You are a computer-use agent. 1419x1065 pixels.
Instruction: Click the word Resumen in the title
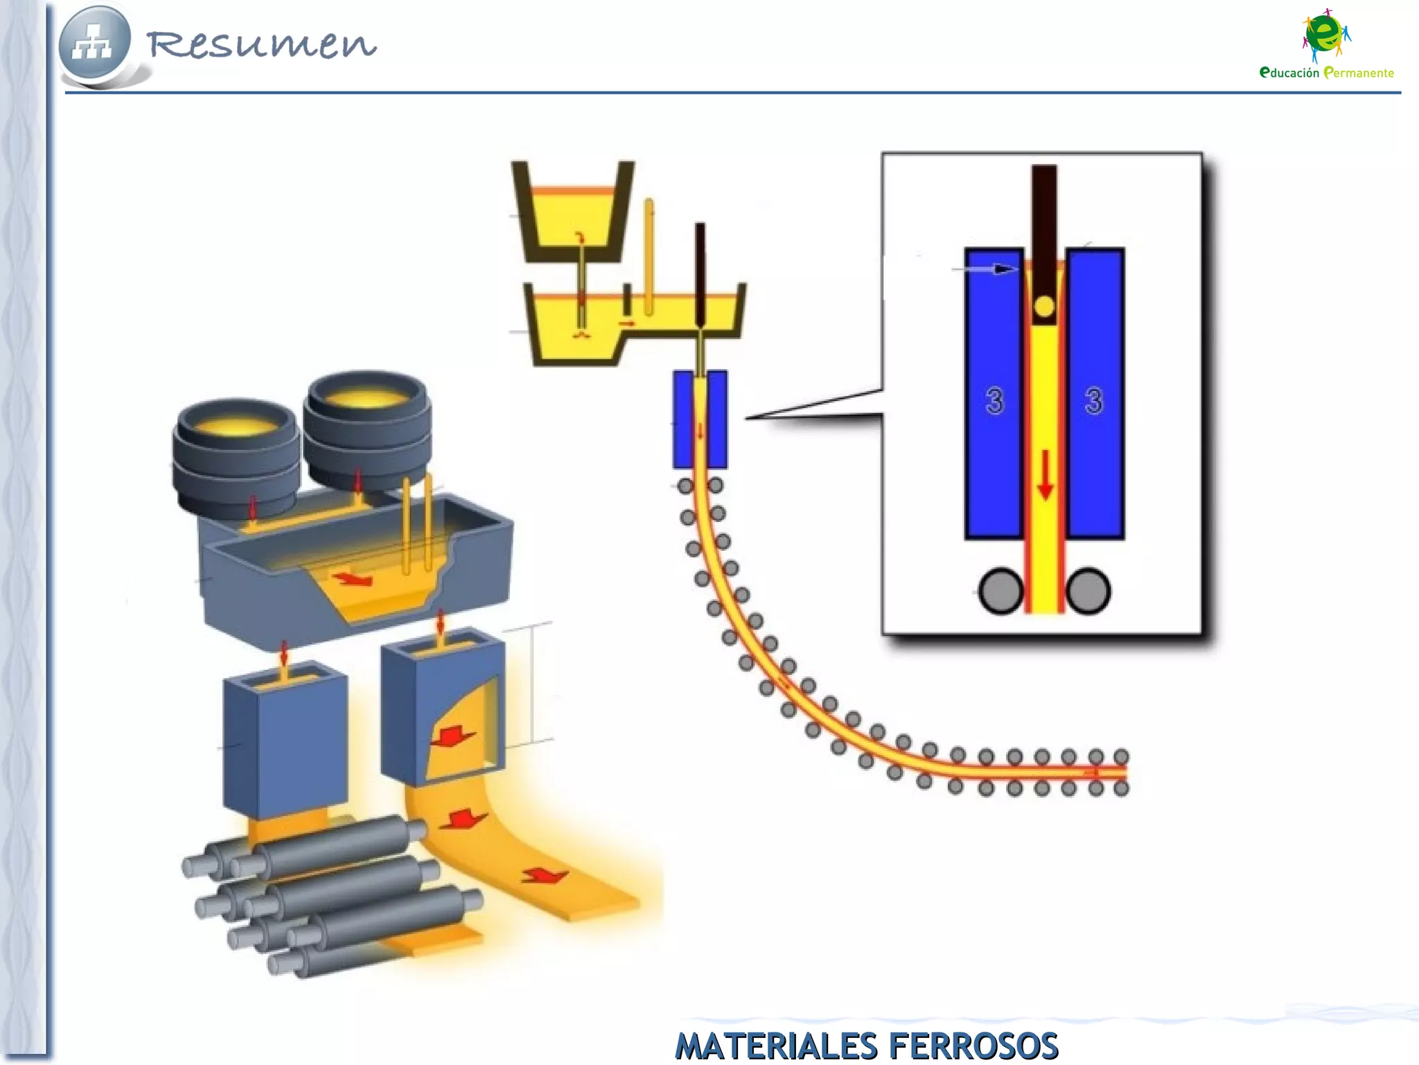coord(261,44)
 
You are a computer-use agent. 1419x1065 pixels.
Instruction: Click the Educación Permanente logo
coord(1326,45)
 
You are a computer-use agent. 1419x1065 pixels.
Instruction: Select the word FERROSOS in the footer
coord(973,1046)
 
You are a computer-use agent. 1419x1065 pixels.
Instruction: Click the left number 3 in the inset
coord(994,401)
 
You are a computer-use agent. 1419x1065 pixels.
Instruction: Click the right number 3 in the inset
coord(1094,401)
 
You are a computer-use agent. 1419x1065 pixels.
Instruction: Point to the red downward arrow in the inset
coord(1046,475)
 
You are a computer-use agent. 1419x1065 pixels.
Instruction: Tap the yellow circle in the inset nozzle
coord(1044,306)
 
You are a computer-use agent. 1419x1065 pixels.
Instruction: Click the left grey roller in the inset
coord(1001,591)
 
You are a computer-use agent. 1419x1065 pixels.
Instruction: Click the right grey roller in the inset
coord(1089,591)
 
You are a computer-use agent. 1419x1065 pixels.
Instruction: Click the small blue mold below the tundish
coord(700,419)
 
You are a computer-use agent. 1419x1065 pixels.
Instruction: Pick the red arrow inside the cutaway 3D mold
coord(452,736)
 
